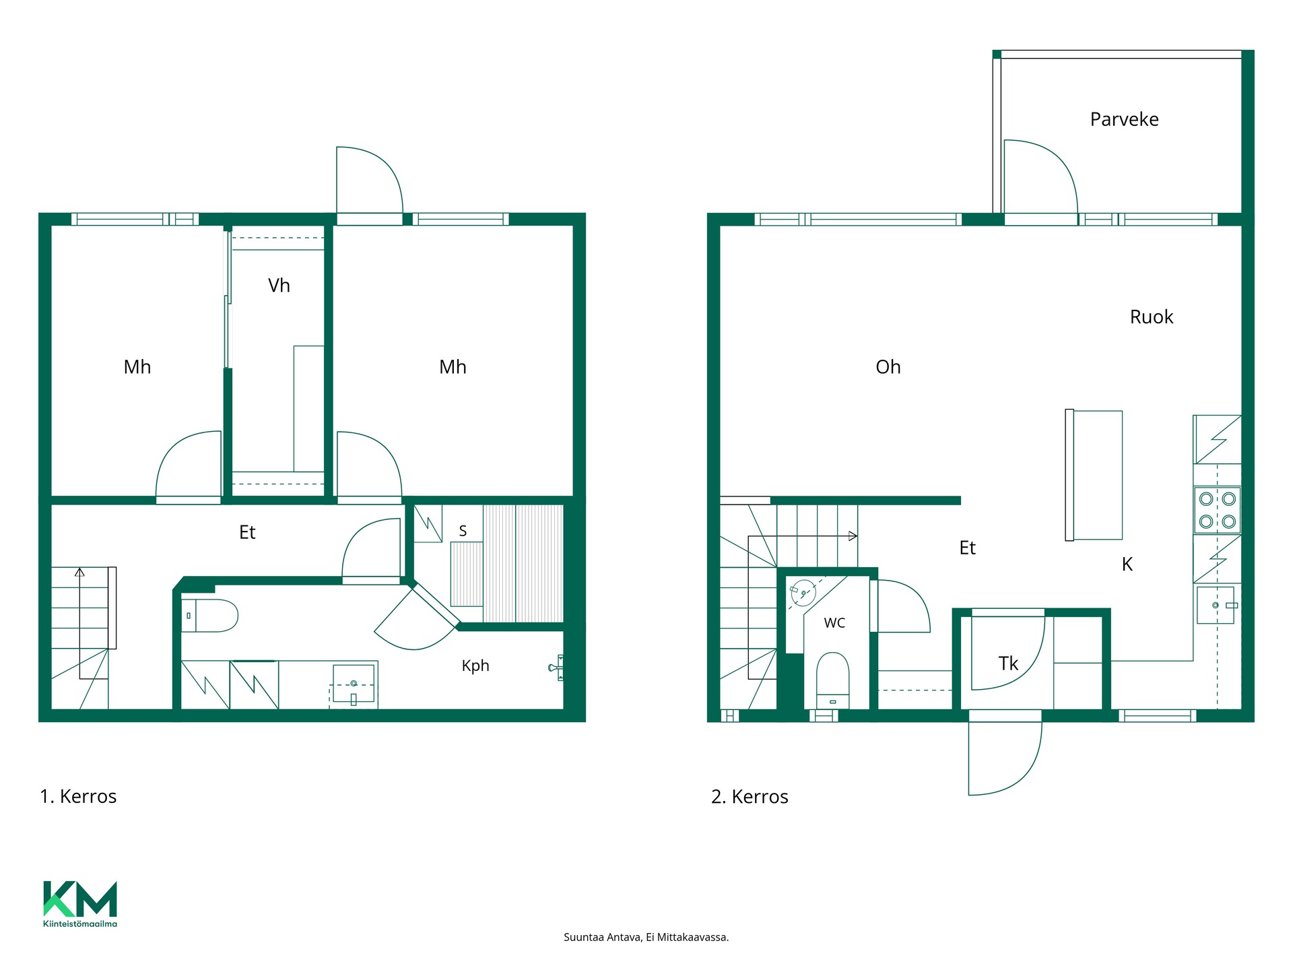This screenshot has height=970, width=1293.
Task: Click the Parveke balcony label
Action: [1124, 120]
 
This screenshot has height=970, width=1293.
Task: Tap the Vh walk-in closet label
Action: [279, 286]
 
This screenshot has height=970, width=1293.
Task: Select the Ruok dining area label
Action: [1152, 317]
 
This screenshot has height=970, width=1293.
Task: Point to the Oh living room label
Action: [888, 367]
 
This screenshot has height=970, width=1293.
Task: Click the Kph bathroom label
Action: [475, 666]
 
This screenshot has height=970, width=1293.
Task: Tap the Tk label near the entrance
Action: [1008, 664]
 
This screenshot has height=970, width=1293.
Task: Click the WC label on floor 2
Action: [834, 623]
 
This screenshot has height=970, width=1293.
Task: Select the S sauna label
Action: [463, 531]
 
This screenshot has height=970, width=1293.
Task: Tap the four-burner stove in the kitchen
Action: [1218, 510]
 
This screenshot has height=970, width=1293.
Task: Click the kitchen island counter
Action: [1094, 475]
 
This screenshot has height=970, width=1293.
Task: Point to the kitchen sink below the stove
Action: [1216, 605]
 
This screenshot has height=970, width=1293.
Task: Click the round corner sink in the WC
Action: [803, 593]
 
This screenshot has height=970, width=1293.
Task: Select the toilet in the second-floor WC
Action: [832, 680]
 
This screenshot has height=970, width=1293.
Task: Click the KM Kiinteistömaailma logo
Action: [80, 904]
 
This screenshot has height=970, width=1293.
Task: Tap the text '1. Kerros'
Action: [78, 797]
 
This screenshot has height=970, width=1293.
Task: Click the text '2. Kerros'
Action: [750, 797]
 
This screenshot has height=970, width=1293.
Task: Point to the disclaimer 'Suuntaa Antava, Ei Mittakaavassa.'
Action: [646, 937]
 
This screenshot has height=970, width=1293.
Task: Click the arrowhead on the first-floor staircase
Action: [79, 573]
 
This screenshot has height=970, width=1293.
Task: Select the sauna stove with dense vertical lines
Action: [467, 574]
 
